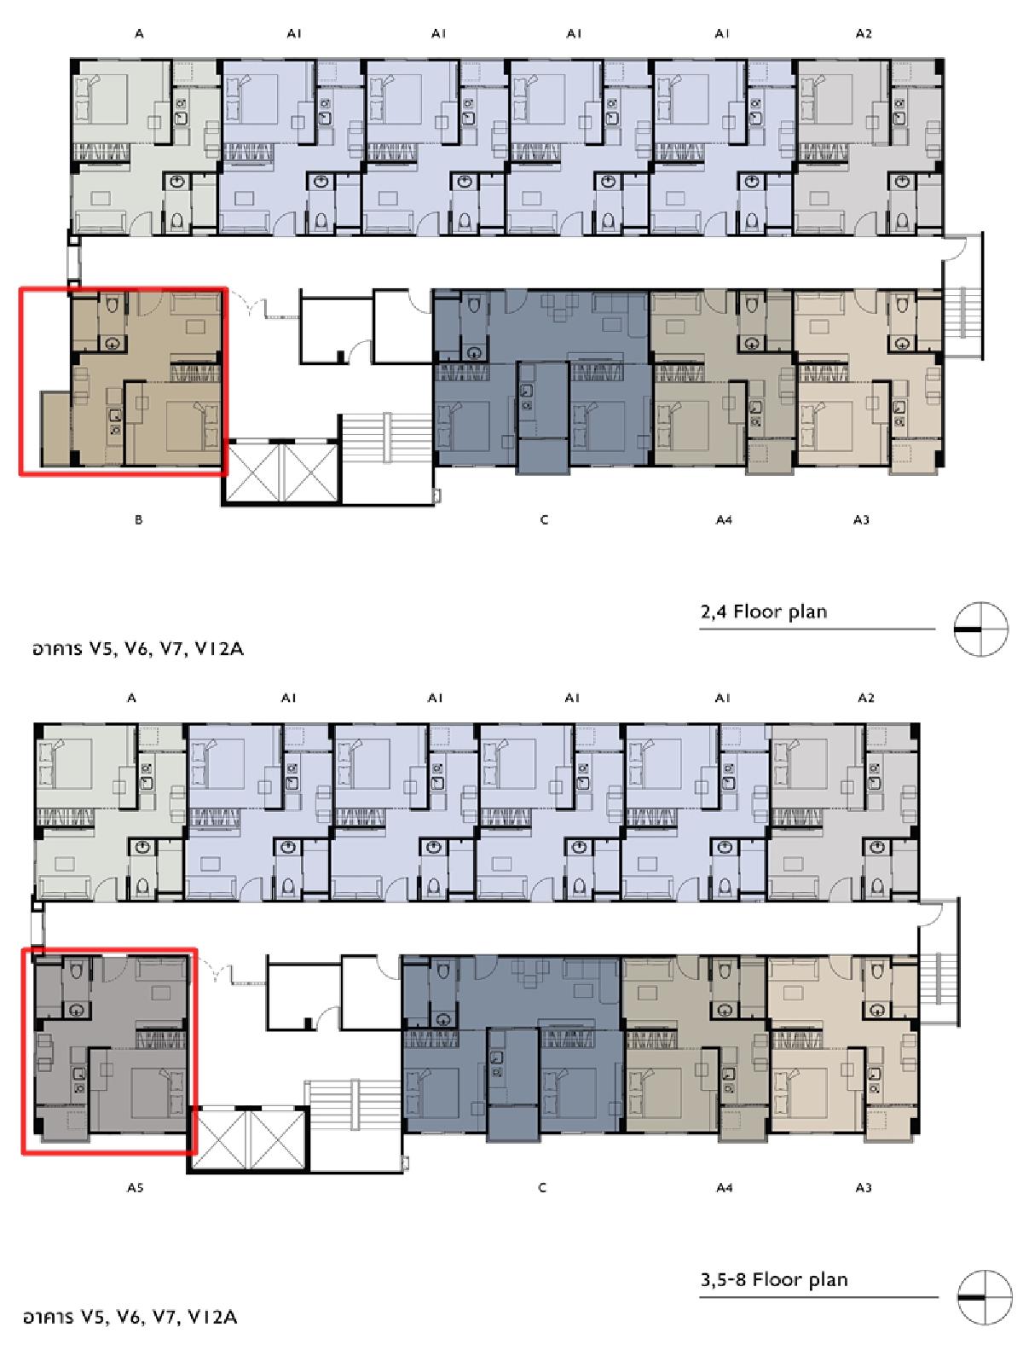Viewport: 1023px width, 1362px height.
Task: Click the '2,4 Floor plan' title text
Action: click(763, 611)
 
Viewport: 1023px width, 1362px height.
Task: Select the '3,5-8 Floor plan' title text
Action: click(774, 1279)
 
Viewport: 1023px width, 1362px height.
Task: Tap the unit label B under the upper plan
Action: click(138, 519)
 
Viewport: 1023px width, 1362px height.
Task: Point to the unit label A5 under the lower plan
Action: click(136, 1187)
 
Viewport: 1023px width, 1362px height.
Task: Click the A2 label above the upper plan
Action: click(864, 33)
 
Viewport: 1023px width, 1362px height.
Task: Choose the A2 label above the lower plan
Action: click(866, 698)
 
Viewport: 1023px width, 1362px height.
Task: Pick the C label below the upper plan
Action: click(544, 519)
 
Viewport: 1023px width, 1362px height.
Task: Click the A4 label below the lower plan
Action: click(724, 1187)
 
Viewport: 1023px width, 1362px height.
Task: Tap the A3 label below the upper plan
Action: click(861, 519)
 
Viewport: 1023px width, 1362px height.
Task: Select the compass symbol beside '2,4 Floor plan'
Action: click(980, 629)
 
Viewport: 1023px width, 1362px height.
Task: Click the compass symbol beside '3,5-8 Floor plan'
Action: click(985, 1297)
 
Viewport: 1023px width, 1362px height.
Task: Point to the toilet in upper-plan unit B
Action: click(113, 305)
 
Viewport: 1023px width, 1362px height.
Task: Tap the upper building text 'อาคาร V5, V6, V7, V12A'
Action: click(137, 649)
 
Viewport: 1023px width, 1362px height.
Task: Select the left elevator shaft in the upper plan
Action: click(254, 471)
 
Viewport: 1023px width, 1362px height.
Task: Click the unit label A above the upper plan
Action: click(139, 33)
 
